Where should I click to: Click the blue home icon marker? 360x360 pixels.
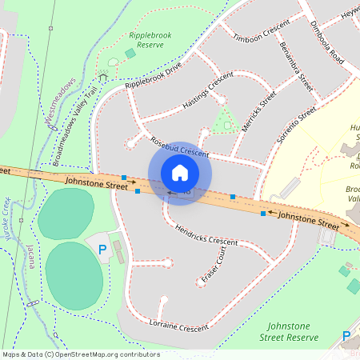pyautogui.click(x=180, y=173)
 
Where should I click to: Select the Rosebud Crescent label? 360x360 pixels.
pyautogui.click(x=179, y=146)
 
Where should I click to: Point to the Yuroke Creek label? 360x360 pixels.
pyautogui.click(x=7, y=217)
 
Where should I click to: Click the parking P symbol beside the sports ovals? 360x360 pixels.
pyautogui.click(x=102, y=250)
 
